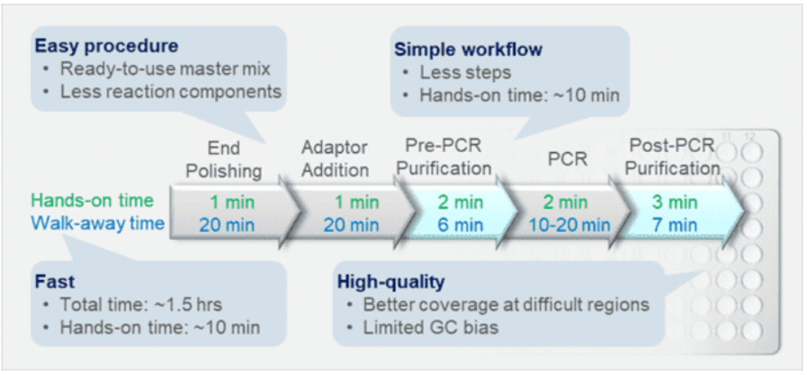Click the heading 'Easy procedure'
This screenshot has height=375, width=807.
106,46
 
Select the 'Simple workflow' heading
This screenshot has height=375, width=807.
468,49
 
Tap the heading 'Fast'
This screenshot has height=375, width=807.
55,282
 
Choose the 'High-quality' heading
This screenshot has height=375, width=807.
391,283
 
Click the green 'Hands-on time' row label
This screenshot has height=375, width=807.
92,201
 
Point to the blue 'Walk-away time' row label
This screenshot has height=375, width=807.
97,223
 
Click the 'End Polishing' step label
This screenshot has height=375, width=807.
224,159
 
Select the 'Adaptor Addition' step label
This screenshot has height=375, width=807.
334,159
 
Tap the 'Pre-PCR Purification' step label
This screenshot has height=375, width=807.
444,156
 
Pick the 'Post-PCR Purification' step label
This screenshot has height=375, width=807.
672,156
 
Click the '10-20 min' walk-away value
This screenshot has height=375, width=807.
569,225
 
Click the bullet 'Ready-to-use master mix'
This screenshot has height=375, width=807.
165,69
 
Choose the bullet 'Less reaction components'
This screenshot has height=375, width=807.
171,92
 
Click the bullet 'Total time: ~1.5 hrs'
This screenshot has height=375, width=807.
141,305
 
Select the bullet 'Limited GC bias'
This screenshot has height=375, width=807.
430,328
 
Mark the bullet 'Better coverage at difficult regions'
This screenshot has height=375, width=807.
506,305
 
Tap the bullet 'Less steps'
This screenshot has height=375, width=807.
465,72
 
